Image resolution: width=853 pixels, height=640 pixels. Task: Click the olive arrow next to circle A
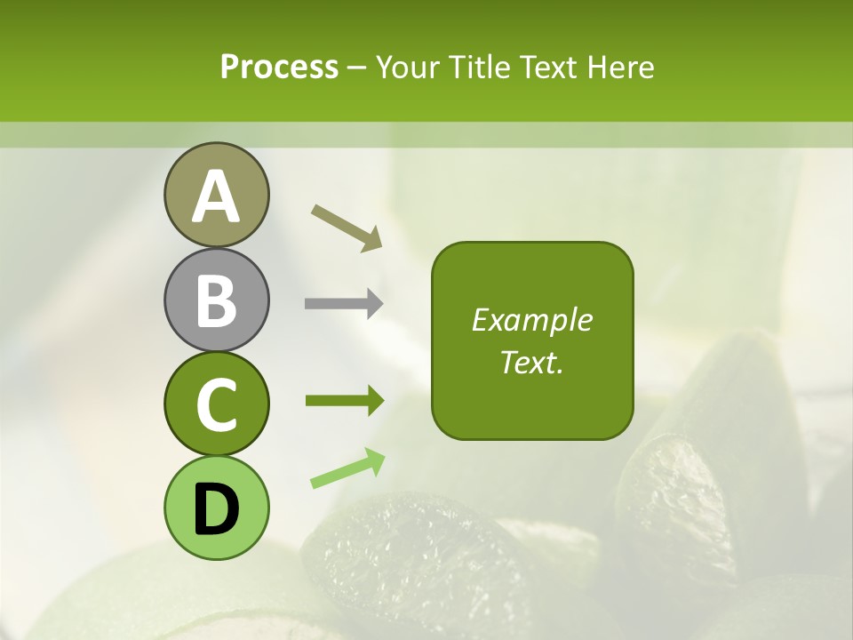tap(347, 227)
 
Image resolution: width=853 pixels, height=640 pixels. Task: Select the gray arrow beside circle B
tap(344, 304)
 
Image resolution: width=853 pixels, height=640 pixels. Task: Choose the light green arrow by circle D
tap(347, 468)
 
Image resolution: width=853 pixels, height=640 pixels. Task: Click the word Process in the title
tap(279, 67)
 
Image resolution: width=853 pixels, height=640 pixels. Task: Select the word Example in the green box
tap(531, 320)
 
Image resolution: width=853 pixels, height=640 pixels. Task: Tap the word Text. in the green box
tap(531, 362)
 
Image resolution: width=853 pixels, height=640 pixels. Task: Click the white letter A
tap(216, 197)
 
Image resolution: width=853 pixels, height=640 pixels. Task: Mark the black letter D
tap(216, 509)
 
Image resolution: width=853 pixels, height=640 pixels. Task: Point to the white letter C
tap(216, 405)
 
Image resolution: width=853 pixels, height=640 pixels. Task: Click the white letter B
tap(216, 300)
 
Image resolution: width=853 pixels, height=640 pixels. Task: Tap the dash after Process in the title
tap(356, 68)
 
